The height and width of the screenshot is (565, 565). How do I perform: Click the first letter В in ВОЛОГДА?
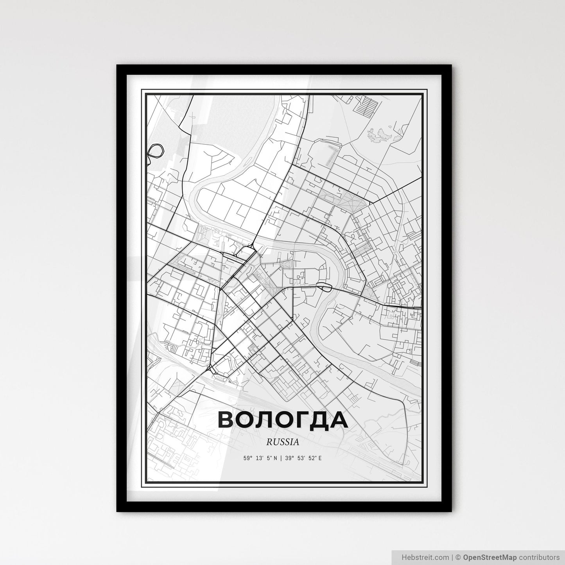(226, 420)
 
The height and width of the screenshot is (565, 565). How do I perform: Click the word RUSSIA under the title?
(282, 442)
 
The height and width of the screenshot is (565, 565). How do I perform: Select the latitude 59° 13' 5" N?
(260, 458)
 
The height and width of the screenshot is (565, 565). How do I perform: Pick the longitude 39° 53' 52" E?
(304, 458)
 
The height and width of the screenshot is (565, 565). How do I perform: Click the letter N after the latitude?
(275, 458)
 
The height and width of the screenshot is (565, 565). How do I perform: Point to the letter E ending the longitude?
(320, 458)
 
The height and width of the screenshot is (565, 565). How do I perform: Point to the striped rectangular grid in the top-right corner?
(368, 105)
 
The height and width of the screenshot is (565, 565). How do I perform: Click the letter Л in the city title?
(262, 420)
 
